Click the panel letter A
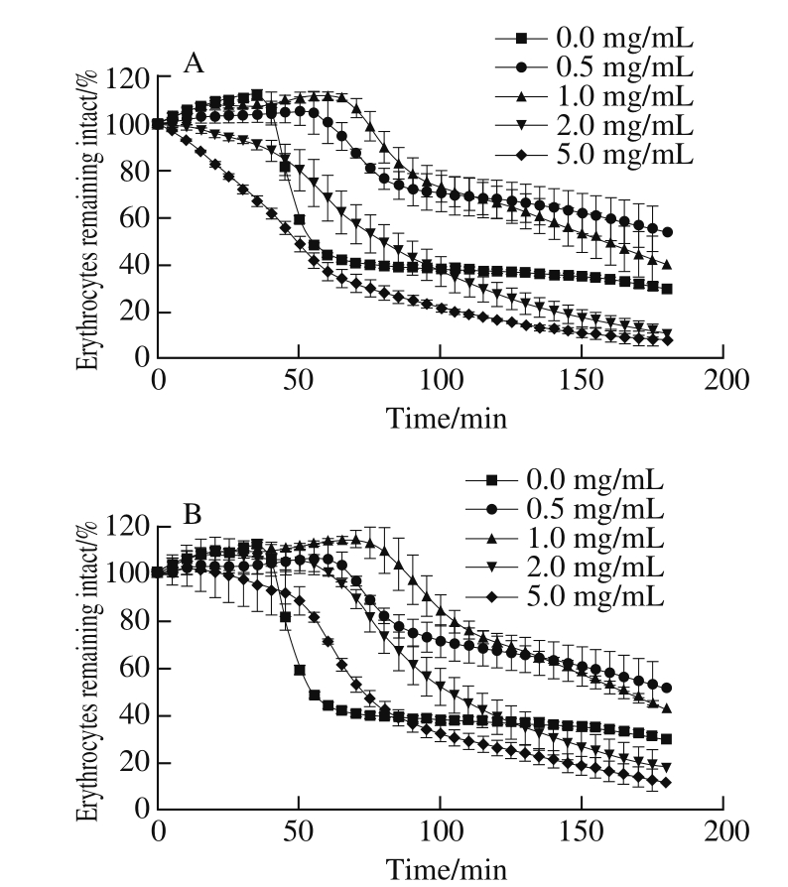tap(195, 64)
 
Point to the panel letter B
tap(194, 515)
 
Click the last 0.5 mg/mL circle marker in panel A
tap(667, 232)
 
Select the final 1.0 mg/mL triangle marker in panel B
tap(667, 708)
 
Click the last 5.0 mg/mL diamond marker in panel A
tap(667, 340)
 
